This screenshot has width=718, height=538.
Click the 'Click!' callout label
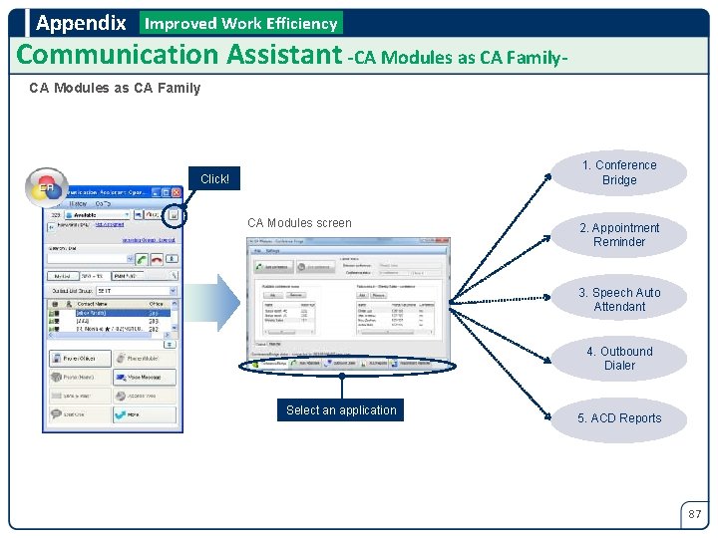click(x=214, y=179)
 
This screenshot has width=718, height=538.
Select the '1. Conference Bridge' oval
click(x=619, y=172)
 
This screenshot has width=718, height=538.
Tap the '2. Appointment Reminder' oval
click(x=619, y=235)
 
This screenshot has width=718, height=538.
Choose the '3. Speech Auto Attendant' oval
click(x=619, y=300)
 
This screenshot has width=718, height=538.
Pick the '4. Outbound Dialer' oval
click(x=619, y=359)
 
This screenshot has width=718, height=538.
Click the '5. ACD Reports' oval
click(x=619, y=418)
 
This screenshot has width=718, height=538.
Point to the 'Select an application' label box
click(x=341, y=410)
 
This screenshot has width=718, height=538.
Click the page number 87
click(x=695, y=514)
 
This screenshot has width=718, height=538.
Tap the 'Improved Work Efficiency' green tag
click(x=241, y=23)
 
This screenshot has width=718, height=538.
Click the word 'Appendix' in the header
click(x=81, y=23)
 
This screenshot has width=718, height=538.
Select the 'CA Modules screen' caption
click(x=299, y=223)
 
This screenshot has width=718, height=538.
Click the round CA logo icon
click(x=46, y=187)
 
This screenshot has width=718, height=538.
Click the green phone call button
click(x=143, y=258)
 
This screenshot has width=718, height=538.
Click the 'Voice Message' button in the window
click(x=145, y=378)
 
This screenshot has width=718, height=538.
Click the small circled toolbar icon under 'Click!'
click(x=173, y=214)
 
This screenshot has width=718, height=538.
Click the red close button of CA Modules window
click(x=447, y=240)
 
